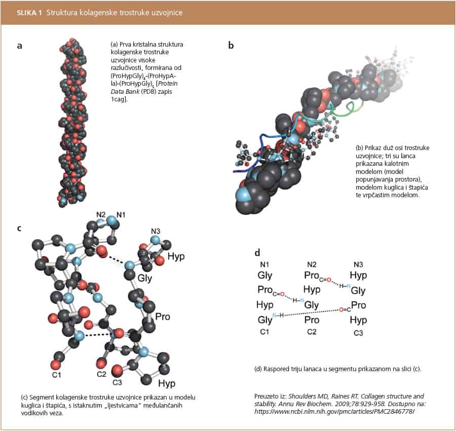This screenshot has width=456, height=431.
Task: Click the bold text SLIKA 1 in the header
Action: coord(30,12)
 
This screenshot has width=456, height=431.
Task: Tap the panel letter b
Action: coord(231,46)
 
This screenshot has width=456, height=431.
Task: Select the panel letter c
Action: coord(19,228)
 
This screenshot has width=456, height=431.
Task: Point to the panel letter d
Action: coord(257,252)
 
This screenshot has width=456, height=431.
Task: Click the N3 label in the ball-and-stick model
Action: coord(156,232)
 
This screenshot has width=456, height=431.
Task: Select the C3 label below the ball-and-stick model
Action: coord(117,382)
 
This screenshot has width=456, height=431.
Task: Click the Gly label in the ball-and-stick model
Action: coord(144,278)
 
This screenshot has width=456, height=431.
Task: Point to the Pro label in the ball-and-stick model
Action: coord(162,317)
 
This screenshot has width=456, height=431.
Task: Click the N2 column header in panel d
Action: coord(312,264)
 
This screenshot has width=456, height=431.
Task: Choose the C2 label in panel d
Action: coord(312,333)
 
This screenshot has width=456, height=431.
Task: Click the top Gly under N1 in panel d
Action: coord(265,276)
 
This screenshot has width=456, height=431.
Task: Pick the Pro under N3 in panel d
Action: coord(359,305)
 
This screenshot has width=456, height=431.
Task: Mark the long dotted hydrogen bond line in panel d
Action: coord(309,313)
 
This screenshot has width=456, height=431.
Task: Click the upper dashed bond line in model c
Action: coord(115,260)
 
